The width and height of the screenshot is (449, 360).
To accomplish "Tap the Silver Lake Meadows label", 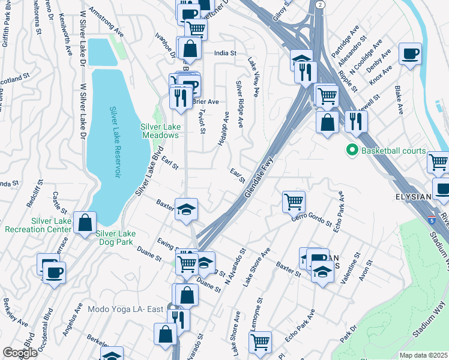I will [x=160, y=131].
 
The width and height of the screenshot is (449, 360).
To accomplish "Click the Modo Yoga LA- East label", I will [x=125, y=309].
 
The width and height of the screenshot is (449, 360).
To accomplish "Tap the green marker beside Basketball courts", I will [x=352, y=151].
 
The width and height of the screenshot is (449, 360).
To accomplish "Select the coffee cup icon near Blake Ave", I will [x=411, y=54].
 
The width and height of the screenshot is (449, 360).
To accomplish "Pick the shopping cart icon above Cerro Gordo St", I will [x=294, y=201].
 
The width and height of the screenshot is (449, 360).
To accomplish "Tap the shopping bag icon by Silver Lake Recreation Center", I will [x=85, y=221].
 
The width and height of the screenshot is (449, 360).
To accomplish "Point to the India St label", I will [x=225, y=53].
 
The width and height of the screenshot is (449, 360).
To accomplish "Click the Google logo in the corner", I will [x=20, y=353].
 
